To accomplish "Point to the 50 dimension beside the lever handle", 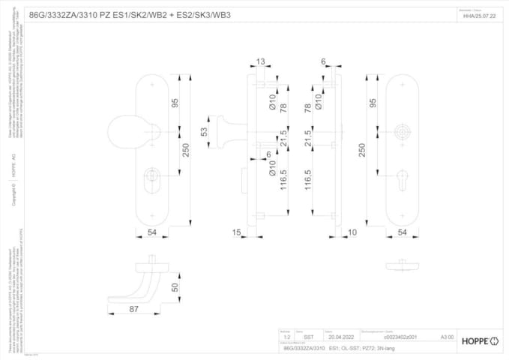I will coord(175,287).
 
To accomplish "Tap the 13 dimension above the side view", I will coord(260,62).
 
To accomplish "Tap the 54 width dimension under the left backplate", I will coord(152,234).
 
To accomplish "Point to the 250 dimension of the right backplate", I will coord(362,150).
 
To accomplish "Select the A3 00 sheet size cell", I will coord(447,338).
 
